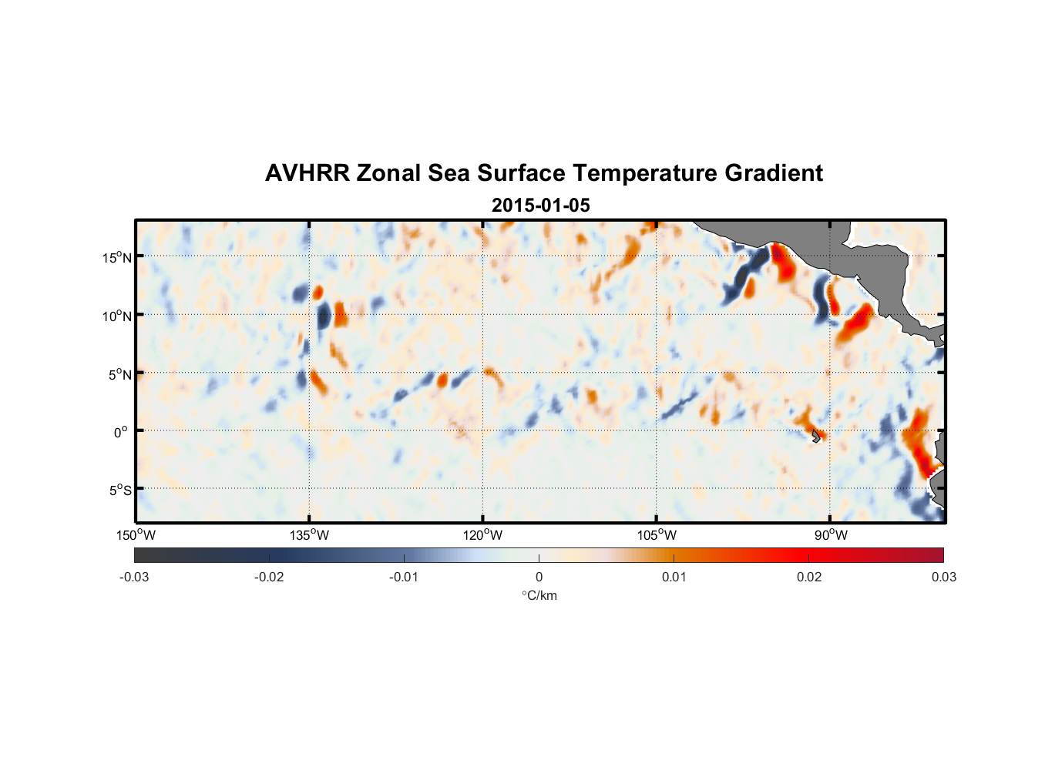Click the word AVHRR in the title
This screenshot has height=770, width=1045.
[x=307, y=173]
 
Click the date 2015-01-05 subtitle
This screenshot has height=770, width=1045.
[x=540, y=206]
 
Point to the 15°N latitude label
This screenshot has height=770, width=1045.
[x=117, y=257]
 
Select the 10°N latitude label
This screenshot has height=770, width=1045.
[x=117, y=316]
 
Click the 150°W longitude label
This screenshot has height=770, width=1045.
[x=136, y=535]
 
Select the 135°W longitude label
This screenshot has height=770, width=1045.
[x=310, y=535]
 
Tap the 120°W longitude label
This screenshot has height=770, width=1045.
[x=483, y=535]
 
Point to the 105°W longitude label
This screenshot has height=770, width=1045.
[x=657, y=535]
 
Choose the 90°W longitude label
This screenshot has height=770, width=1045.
[x=831, y=535]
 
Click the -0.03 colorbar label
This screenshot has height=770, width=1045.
[x=134, y=577]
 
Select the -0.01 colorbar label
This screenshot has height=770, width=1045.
[x=404, y=577]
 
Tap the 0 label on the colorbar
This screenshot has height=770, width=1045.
[x=539, y=577]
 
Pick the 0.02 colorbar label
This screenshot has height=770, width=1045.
[x=809, y=577]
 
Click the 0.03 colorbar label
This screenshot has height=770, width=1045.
[x=943, y=577]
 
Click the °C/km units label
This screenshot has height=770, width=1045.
[x=539, y=595]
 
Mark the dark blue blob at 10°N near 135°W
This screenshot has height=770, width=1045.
[x=324, y=316]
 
